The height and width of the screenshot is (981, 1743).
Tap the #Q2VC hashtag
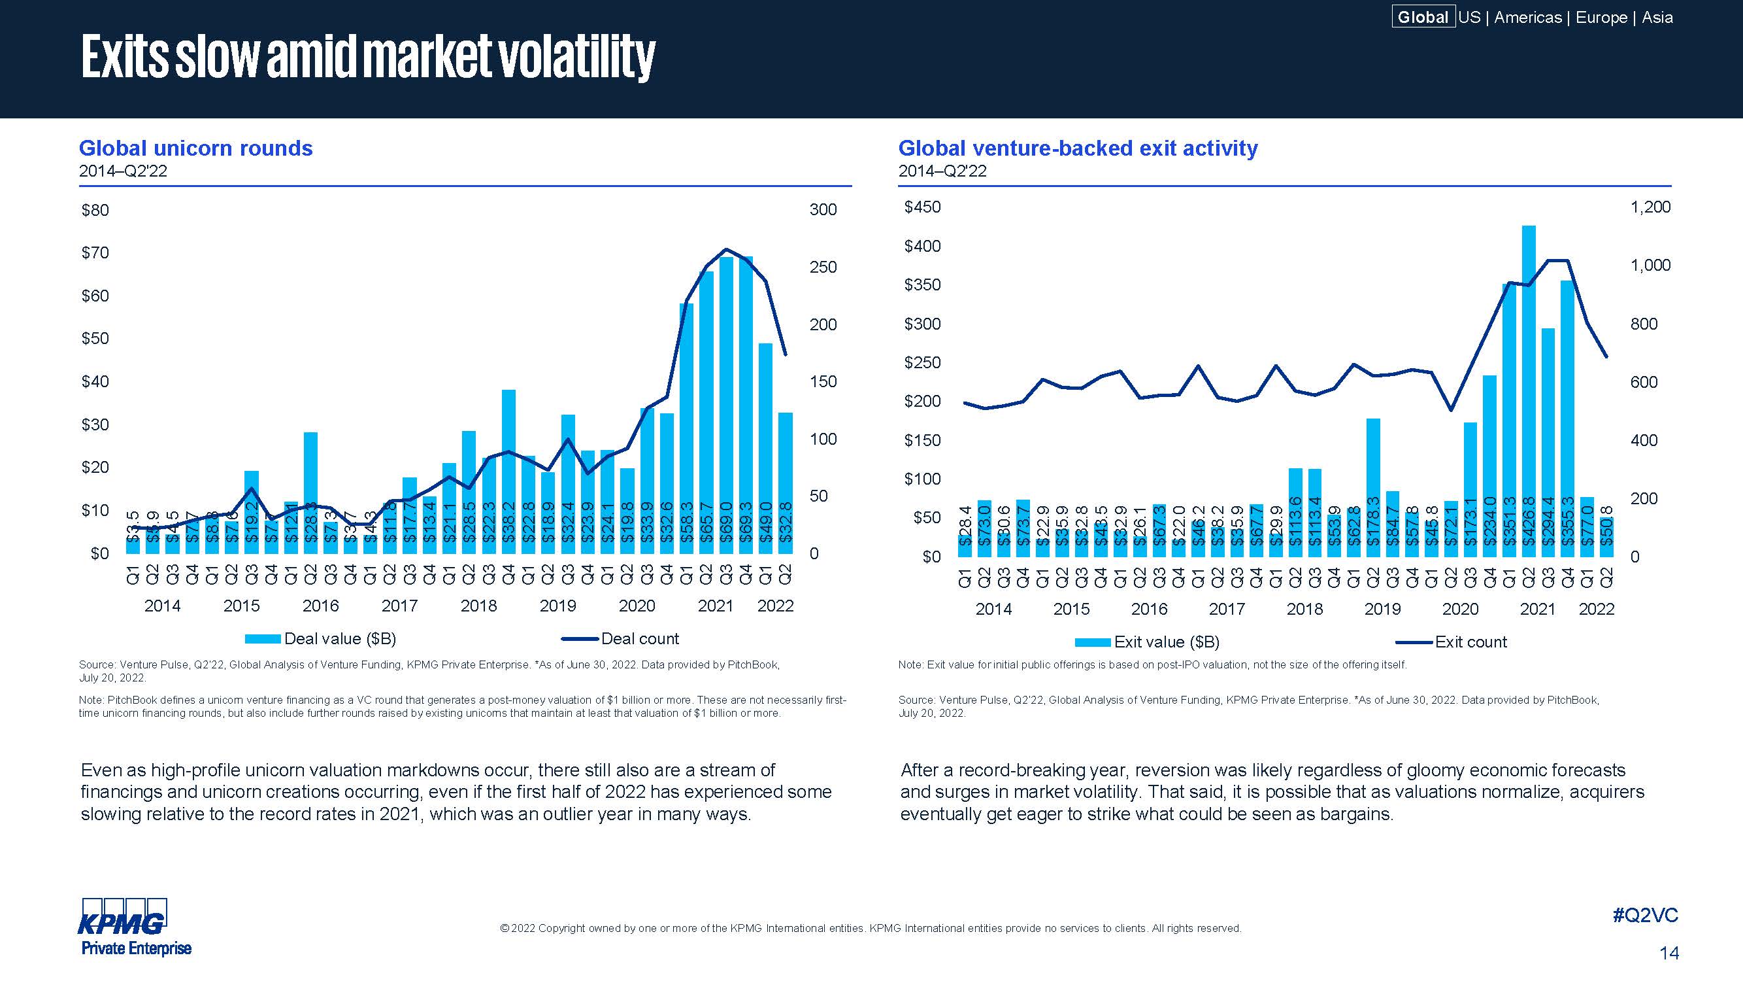[1645, 916]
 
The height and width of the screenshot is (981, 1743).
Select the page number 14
[1668, 954]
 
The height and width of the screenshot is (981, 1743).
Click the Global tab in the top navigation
[1422, 17]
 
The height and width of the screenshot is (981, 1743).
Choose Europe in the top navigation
[1601, 17]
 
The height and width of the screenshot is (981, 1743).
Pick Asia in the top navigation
[1657, 17]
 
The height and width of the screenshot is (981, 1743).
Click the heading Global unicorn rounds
[195, 148]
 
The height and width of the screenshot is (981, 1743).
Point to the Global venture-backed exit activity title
[1078, 148]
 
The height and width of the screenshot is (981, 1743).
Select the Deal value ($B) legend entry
[321, 638]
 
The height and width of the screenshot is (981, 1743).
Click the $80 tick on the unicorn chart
[95, 210]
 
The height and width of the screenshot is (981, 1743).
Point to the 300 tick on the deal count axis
[823, 210]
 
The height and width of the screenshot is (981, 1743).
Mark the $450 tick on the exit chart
[922, 207]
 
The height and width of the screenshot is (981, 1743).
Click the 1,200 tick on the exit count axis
[1650, 207]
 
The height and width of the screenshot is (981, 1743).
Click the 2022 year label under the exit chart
[1596, 609]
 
